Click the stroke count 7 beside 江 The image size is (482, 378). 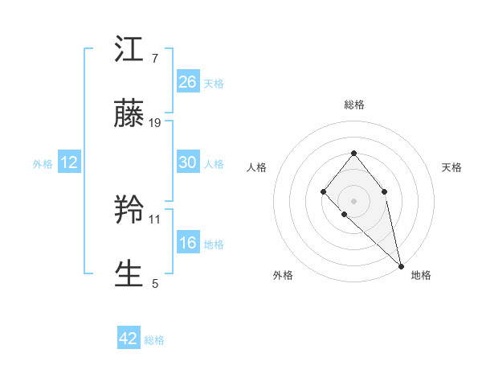click(x=154, y=59)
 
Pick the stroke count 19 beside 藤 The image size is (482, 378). click(x=156, y=122)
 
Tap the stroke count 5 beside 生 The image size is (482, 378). click(x=155, y=282)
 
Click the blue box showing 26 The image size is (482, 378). click(x=188, y=81)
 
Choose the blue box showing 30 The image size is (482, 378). click(x=188, y=162)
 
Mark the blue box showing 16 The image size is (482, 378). click(x=188, y=243)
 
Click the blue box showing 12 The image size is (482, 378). click(x=69, y=162)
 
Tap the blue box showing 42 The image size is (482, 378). click(x=129, y=339)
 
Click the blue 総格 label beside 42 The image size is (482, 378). click(x=154, y=340)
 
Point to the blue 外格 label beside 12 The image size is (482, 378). click(x=43, y=164)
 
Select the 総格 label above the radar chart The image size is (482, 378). click(x=353, y=105)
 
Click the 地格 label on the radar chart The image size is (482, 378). click(x=421, y=275)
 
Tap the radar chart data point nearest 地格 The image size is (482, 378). click(x=401, y=265)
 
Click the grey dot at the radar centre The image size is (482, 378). click(x=353, y=199)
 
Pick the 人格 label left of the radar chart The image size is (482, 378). click(x=257, y=167)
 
